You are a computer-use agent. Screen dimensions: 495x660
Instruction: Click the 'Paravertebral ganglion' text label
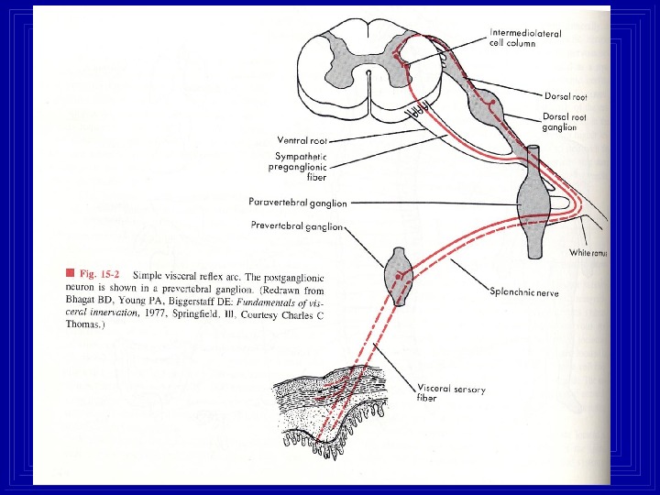[296, 202]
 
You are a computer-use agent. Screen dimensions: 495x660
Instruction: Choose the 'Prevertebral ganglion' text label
[296, 225]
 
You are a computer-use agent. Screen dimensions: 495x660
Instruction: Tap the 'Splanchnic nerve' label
[525, 293]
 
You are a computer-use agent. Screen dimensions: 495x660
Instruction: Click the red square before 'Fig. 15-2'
[69, 272]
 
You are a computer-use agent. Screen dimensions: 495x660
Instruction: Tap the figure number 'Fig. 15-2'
[98, 273]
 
